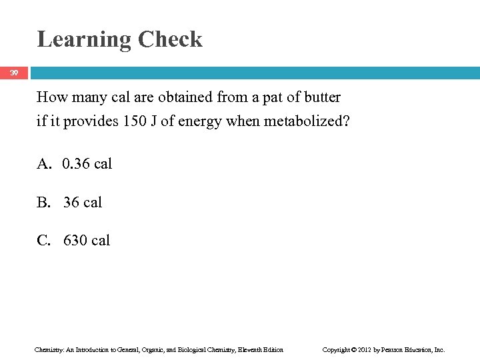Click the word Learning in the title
tap(84, 39)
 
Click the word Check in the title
tap(170, 39)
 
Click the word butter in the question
tap(321, 97)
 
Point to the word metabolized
tap(312, 123)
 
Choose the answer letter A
tap(44, 163)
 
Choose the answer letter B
tap(44, 202)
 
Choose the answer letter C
tap(44, 240)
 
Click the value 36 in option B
tap(71, 202)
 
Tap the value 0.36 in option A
tap(77, 163)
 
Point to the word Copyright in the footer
tap(337, 349)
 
